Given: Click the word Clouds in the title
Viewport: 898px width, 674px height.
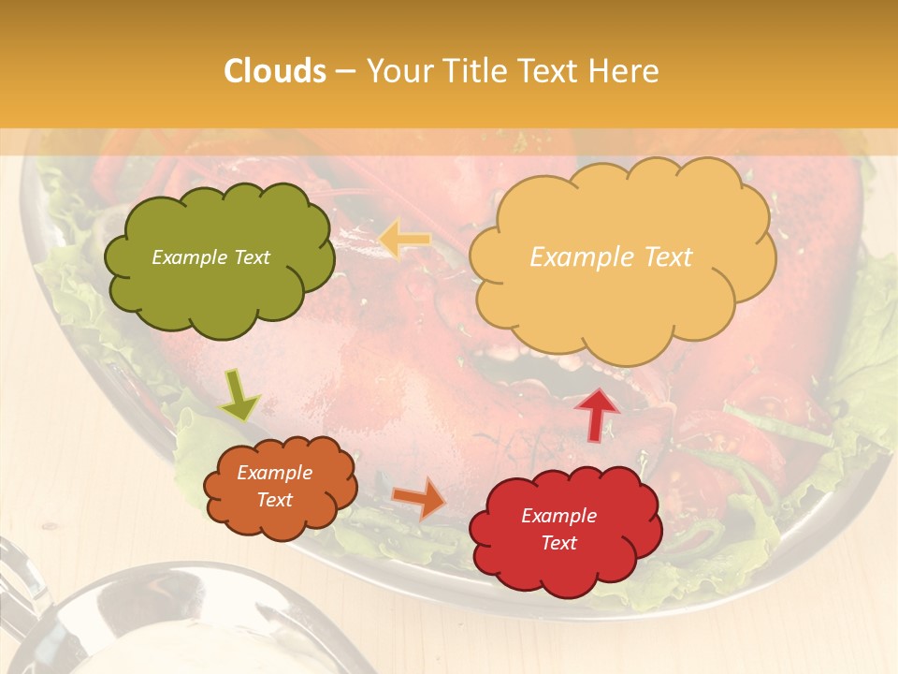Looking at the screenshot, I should [x=275, y=71].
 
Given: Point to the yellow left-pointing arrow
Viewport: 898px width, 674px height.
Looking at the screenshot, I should [x=404, y=240].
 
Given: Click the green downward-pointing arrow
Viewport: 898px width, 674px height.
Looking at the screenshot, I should [x=239, y=395].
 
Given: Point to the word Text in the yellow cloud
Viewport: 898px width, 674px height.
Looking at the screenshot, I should [x=669, y=257].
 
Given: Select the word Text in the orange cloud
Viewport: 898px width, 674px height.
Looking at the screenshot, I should [x=275, y=500].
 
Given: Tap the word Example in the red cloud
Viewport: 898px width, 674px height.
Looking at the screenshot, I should [x=558, y=516].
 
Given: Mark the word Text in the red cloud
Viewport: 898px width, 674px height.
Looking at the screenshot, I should [x=558, y=543].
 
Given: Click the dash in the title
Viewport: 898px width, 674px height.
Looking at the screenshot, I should [x=345, y=72].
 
